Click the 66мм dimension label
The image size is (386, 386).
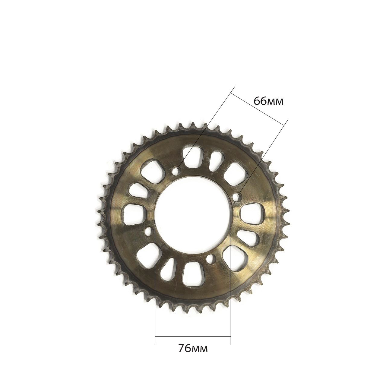click(268, 101)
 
